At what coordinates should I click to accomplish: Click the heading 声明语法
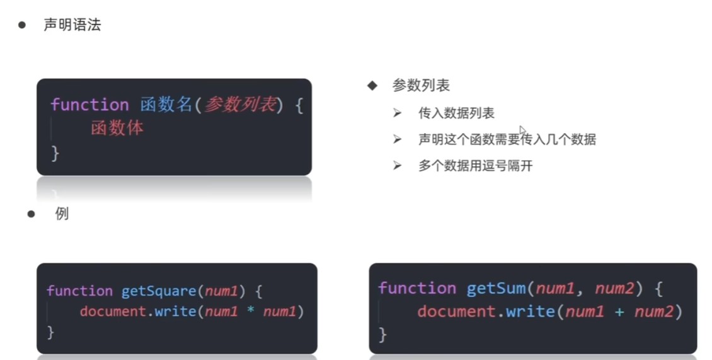[x=72, y=25]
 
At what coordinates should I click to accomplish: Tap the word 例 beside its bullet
[x=62, y=214]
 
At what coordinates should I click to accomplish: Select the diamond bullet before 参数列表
[x=372, y=86]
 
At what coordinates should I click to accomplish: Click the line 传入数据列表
[x=456, y=113]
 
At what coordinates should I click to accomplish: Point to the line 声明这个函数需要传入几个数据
[x=507, y=139]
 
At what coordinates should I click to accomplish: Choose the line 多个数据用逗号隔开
[x=476, y=165]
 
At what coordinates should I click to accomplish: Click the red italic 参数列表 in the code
[x=240, y=105]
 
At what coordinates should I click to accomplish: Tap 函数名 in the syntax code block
[x=166, y=105]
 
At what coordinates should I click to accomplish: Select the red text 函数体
[x=117, y=128]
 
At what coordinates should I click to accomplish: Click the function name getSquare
[x=159, y=291]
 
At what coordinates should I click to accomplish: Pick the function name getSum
[x=496, y=288]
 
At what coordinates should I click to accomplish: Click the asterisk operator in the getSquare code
[x=250, y=310]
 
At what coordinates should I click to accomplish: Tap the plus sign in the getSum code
[x=619, y=312]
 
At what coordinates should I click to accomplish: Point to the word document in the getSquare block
[x=113, y=311]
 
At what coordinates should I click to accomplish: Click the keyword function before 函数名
[x=89, y=105]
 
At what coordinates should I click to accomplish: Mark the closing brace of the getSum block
[x=383, y=335]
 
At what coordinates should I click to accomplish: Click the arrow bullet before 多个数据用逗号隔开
[x=398, y=165]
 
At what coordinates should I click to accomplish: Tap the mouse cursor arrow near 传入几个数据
[x=522, y=131]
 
